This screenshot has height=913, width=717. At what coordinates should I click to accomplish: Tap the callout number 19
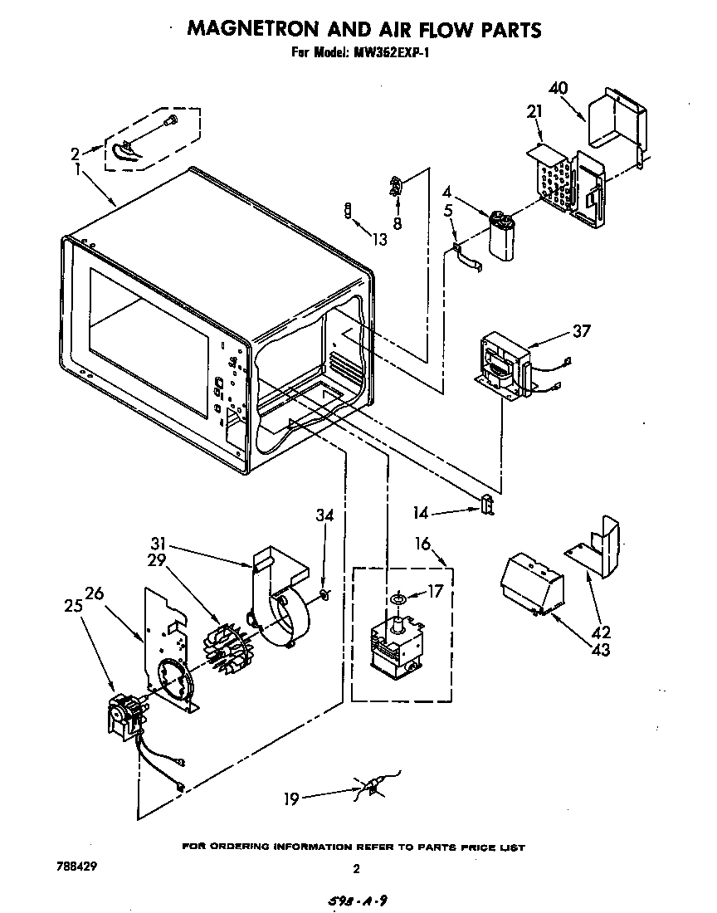click(x=291, y=799)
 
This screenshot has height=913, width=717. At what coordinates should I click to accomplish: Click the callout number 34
click(x=324, y=515)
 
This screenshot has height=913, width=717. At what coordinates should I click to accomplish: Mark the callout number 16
click(x=423, y=544)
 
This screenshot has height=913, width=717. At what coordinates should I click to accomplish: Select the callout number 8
click(x=397, y=222)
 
